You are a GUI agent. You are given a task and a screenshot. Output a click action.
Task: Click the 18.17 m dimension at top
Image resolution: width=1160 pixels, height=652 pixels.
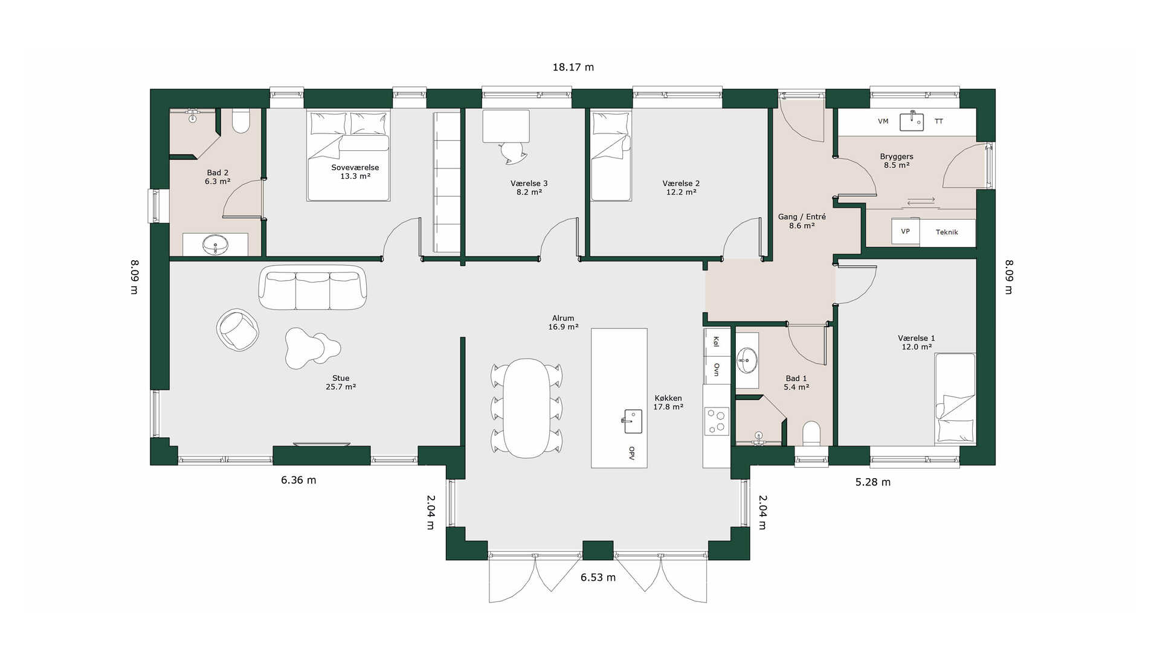573,67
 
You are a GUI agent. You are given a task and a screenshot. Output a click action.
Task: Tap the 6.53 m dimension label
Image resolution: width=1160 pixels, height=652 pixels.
598,578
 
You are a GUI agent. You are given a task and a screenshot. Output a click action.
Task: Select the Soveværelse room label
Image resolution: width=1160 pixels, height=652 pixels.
355,167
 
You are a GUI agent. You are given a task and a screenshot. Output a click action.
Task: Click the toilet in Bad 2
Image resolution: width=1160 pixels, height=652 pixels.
241,121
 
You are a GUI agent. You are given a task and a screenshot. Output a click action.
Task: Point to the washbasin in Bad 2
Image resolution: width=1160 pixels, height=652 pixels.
215,245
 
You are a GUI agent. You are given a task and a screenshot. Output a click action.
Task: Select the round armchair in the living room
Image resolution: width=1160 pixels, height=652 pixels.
238,330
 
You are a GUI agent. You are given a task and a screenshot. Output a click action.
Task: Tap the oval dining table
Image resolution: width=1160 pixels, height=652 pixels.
527,408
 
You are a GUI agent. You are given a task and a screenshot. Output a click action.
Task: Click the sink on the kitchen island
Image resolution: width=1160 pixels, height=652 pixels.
633,421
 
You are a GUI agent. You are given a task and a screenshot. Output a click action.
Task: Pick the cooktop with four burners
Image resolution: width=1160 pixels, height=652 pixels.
717,421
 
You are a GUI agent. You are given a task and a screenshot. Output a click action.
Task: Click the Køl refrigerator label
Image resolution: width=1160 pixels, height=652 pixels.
717,342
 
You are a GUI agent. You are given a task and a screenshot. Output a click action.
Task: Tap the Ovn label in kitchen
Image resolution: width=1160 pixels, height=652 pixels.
717,369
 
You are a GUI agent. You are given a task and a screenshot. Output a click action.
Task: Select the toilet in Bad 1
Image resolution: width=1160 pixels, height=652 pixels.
811,433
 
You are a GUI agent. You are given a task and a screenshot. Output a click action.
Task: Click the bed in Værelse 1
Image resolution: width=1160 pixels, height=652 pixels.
955,399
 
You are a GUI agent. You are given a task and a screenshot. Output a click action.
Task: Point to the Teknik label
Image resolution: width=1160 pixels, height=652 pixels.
947,232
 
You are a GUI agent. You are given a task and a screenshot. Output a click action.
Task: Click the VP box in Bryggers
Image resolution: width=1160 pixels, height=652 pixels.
905,232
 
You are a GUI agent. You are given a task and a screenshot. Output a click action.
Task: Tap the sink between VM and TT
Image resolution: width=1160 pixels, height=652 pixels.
912,121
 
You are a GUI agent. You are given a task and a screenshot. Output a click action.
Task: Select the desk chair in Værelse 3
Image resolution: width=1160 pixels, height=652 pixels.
514,152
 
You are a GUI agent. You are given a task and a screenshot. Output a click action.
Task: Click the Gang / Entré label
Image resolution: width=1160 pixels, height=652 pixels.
802,217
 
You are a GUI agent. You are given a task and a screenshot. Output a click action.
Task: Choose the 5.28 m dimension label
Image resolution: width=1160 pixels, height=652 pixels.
873,482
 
